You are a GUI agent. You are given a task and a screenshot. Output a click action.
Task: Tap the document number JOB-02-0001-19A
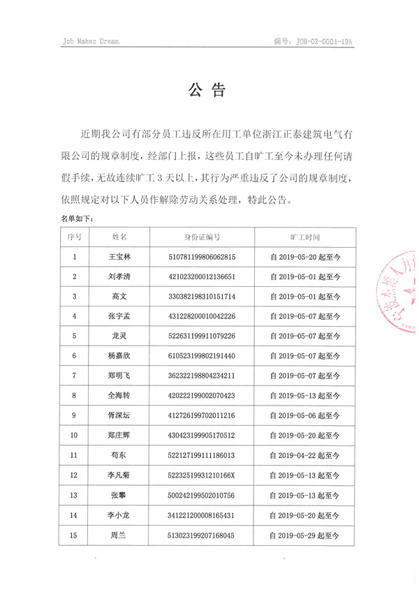(314, 41)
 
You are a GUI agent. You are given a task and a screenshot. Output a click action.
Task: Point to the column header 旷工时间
(304, 237)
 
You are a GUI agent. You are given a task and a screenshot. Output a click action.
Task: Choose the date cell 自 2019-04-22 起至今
(304, 457)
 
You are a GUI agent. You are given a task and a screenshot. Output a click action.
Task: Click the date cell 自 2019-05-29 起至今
(304, 536)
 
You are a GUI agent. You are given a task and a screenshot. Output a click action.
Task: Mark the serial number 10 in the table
(75, 436)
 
